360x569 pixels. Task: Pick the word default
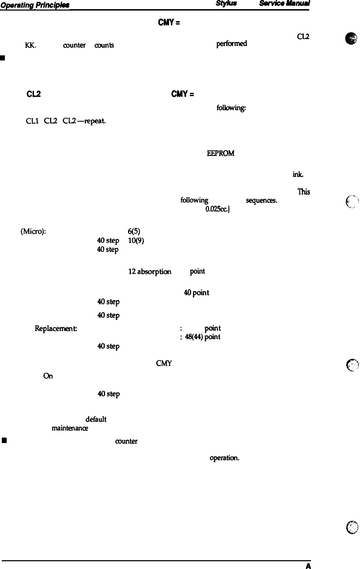click(96, 419)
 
